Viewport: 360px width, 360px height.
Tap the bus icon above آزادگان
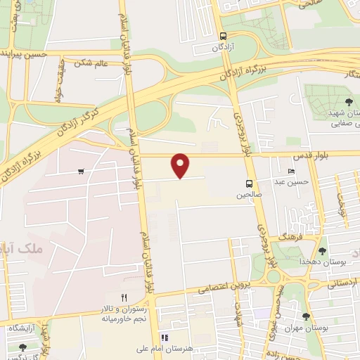click(223, 37)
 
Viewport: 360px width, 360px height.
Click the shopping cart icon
click(82, 171)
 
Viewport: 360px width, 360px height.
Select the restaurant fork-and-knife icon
click(124, 297)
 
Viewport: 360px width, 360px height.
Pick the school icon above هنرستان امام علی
click(164, 337)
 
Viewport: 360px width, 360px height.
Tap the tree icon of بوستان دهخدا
click(323, 251)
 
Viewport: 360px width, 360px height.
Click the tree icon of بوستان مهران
click(306, 316)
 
